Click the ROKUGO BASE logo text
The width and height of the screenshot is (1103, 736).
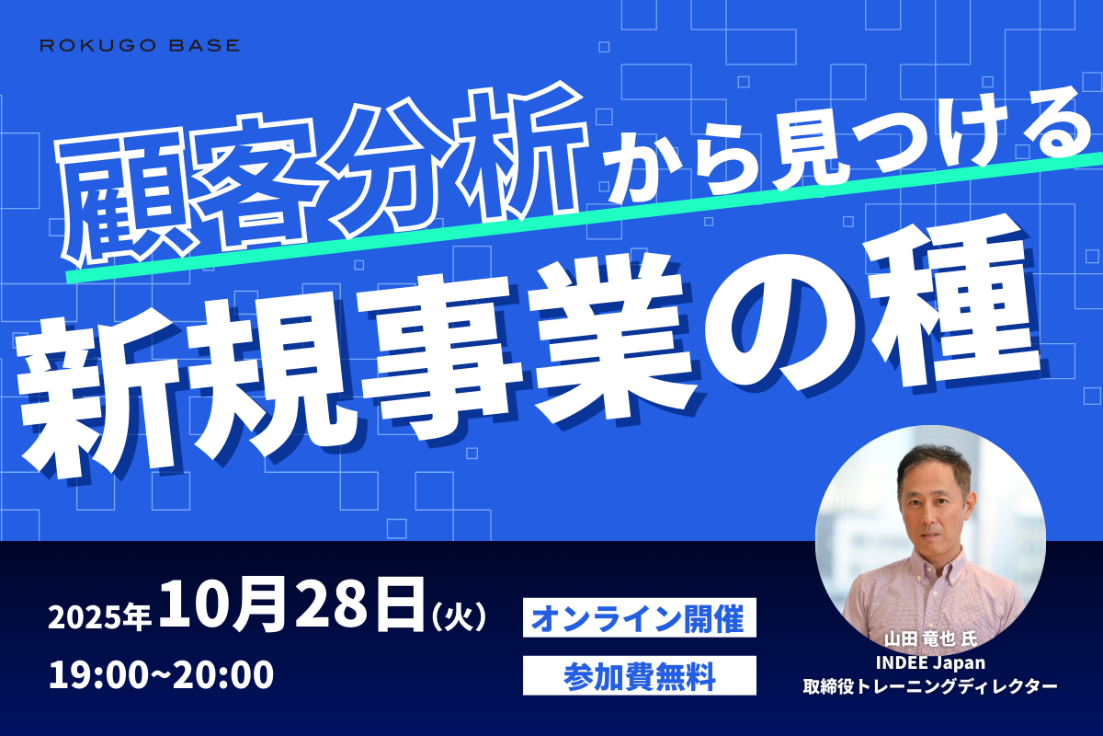140,45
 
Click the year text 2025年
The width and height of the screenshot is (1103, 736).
99,616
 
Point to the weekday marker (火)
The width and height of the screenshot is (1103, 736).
459,616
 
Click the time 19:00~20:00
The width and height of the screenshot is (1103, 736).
161,675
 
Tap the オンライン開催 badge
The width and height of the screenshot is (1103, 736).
639,617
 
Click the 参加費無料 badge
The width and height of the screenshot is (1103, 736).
639,676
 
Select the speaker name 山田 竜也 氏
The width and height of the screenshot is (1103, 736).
930,639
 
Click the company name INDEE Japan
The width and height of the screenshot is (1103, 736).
930,662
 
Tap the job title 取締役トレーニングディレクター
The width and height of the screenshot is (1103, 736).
930,686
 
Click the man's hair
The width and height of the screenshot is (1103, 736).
932,461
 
